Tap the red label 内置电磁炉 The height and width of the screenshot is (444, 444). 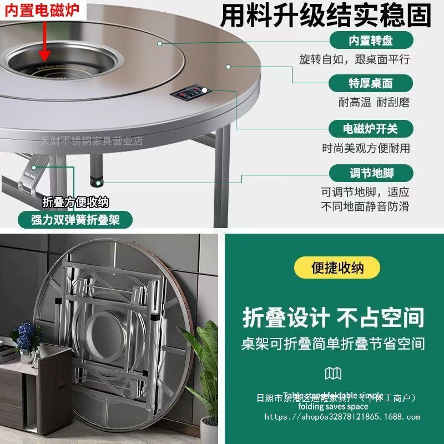[x=42, y=9]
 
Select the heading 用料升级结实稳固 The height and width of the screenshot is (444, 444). [x=326, y=15]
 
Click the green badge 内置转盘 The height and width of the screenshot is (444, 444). [x=371, y=40]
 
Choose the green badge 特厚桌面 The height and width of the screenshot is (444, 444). [x=371, y=84]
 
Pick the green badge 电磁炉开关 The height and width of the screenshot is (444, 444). [x=371, y=129]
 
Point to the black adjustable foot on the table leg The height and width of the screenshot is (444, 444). [x=95, y=177]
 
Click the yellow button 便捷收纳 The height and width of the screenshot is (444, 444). [x=337, y=267]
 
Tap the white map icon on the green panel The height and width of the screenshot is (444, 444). [x=333, y=373]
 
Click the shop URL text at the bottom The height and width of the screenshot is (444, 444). [x=342, y=417]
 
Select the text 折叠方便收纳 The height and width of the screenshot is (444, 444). [x=75, y=202]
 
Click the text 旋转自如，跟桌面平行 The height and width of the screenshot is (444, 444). [x=362, y=59]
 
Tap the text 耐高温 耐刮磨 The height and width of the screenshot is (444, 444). [x=366, y=103]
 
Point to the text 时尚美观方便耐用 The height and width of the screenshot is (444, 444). [x=366, y=148]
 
